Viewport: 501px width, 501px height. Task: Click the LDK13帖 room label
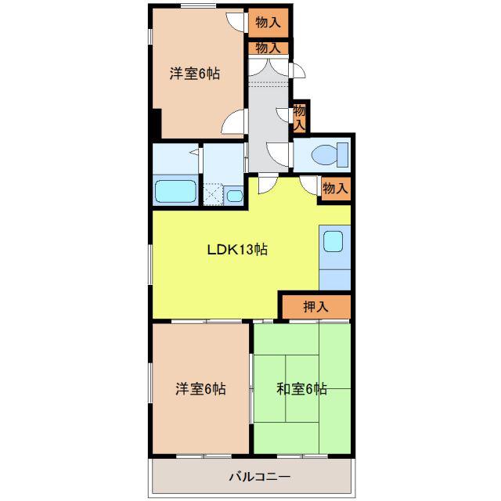[x=237, y=250]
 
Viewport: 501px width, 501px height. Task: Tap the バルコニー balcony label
[x=260, y=477]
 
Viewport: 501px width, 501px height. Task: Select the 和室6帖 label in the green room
[x=301, y=389]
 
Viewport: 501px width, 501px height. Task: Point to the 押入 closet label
[x=315, y=307]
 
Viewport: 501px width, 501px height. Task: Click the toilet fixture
[x=330, y=155]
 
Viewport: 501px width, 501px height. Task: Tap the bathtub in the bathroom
[x=175, y=191]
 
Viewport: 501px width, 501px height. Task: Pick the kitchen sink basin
[x=333, y=241]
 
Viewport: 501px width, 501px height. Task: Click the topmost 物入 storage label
[x=268, y=23]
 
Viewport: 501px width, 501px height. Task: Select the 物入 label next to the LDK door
[x=335, y=188]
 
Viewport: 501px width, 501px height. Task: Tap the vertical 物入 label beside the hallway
[x=300, y=117]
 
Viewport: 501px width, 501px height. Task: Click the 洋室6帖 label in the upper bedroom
[x=195, y=74]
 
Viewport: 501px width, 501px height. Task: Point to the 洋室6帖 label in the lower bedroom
[x=200, y=389]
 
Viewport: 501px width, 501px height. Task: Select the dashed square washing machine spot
[x=213, y=194]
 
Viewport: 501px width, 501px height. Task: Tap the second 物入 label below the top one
[x=268, y=48]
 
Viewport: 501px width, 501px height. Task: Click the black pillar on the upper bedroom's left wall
[x=156, y=124]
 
